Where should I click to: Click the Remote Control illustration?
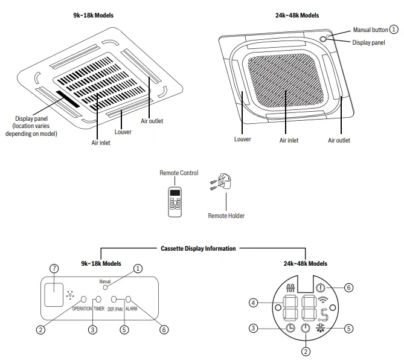175,202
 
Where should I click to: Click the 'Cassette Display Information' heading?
198,248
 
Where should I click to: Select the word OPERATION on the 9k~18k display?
82,309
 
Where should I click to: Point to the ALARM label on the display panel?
132,309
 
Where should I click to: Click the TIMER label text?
99,309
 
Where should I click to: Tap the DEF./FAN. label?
115,309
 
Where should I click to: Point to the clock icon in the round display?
291,328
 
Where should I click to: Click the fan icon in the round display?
320,328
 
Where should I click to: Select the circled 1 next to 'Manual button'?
394,28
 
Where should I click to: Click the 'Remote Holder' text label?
226,215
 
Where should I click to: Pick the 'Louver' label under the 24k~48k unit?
242,140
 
